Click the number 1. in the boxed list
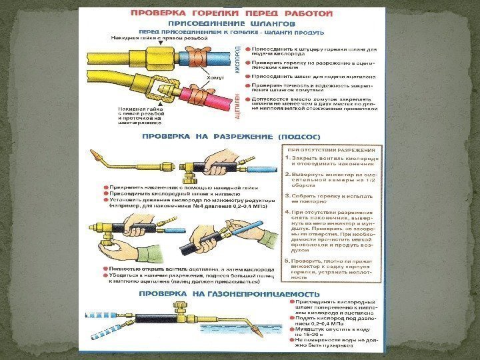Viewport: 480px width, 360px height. point(287,159)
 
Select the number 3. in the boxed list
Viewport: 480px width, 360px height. point(287,196)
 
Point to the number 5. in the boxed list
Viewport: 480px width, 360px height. point(287,260)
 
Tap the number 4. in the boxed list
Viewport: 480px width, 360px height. point(287,213)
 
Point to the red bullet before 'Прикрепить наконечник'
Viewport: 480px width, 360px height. point(106,189)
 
